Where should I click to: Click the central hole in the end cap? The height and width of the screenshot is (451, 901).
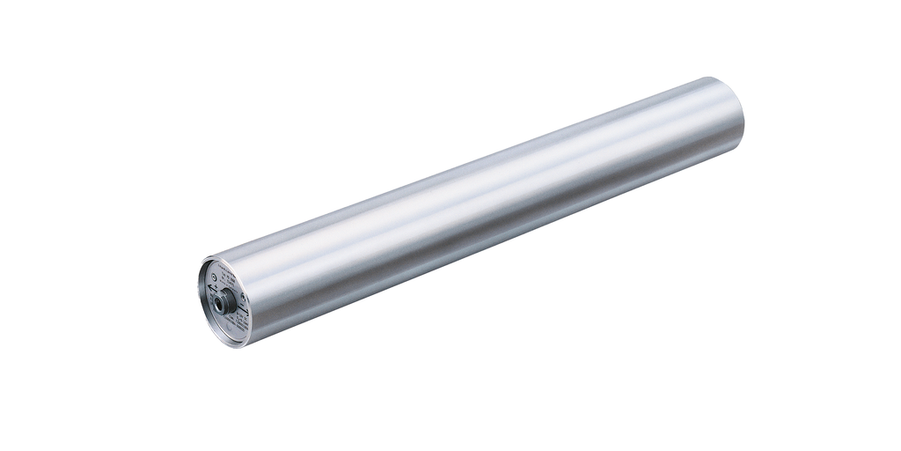217,304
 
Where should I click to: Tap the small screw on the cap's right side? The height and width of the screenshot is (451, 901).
243,297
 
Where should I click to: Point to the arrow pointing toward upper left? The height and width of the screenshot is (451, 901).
210,288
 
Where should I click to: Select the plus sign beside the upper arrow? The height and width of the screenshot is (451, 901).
216,286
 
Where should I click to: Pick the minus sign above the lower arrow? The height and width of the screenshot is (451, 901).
242,305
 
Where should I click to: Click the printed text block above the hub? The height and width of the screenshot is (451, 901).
226,277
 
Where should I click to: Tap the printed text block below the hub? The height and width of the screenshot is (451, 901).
235,321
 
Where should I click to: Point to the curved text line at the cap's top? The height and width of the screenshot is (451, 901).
227,267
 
